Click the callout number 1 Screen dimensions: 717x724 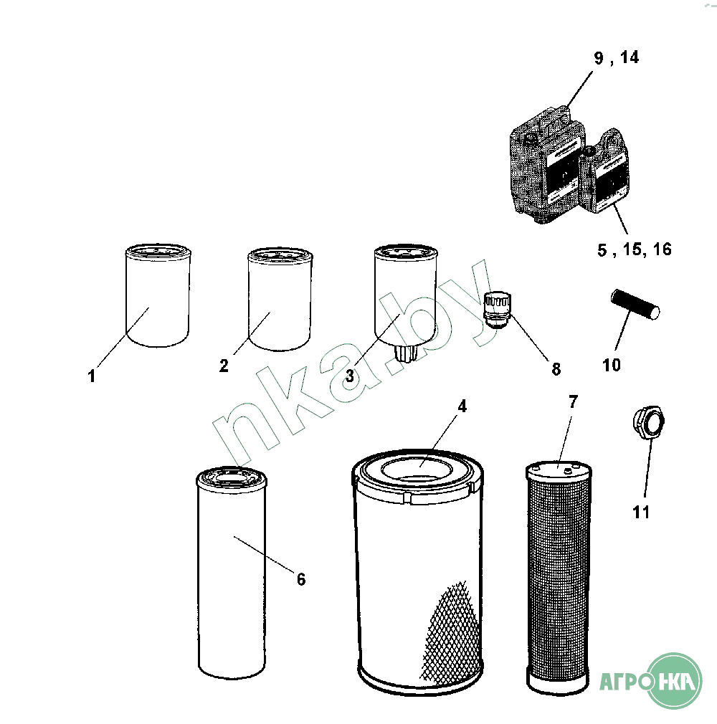(92, 376)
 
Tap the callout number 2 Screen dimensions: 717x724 (224, 366)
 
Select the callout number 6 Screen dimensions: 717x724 (301, 579)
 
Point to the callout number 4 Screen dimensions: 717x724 (462, 406)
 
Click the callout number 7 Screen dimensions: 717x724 (574, 402)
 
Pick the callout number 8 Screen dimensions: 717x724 (556, 369)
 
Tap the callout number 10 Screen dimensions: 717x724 (612, 366)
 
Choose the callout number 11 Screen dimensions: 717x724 (641, 512)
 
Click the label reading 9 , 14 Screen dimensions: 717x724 (617, 58)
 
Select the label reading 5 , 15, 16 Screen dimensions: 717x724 (635, 249)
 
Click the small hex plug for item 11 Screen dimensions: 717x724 (649, 421)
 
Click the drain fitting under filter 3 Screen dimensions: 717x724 (406, 353)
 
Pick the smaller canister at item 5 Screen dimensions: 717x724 (605, 171)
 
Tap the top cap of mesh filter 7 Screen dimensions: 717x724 (559, 471)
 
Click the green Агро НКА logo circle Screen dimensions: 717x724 (673, 680)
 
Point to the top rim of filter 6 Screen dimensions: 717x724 (231, 477)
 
